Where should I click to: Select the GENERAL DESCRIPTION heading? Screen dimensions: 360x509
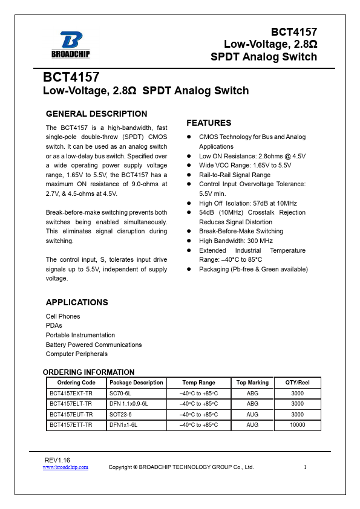96,114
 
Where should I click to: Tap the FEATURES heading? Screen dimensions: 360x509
209,123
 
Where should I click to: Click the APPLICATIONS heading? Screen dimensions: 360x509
77,302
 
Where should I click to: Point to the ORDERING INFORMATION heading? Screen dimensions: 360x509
88,372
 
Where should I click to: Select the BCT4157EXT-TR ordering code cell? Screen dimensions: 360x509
71,393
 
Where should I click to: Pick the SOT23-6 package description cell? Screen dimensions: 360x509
120,414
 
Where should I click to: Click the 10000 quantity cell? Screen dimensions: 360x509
297,425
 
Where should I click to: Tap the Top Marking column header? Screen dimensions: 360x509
252,383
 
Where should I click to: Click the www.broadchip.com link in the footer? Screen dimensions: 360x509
65,467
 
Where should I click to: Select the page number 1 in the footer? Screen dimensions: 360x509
306,467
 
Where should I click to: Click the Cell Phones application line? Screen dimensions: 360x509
63,316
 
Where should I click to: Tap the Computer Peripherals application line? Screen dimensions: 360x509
77,354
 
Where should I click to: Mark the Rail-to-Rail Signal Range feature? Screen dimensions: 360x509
235,175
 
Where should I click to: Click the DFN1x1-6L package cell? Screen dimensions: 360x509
123,425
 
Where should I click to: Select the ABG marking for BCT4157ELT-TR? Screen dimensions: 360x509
252,403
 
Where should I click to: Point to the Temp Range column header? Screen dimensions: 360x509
198,383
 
